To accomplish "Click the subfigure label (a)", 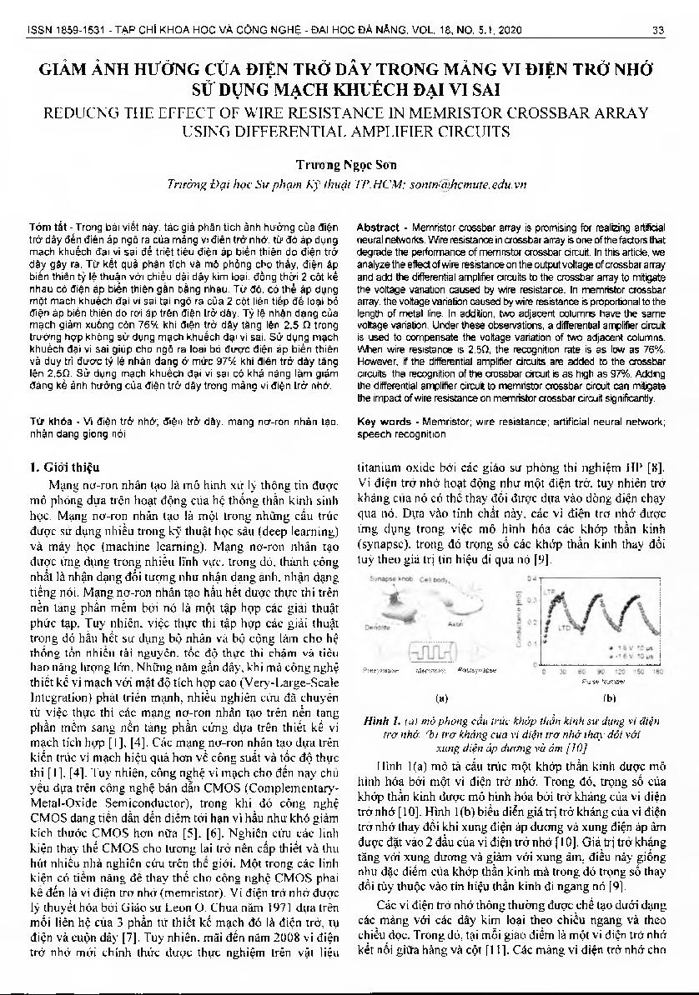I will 442,695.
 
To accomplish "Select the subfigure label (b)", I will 609,695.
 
